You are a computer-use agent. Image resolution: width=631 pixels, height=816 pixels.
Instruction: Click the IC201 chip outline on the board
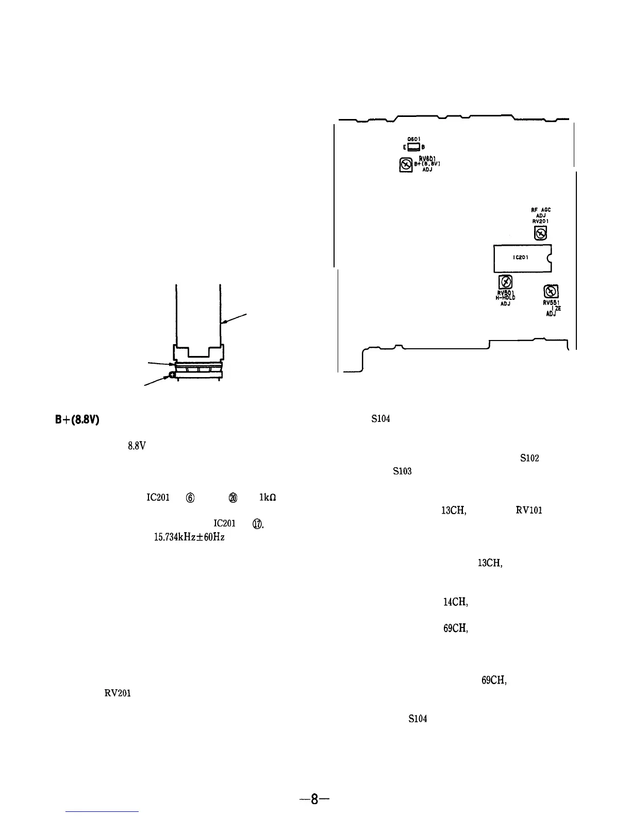(522, 258)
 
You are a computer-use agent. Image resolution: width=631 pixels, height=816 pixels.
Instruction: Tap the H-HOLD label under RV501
(506, 298)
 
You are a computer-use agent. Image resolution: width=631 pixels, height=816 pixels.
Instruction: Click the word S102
(529, 458)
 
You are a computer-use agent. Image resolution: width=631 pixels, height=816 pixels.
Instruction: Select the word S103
(402, 471)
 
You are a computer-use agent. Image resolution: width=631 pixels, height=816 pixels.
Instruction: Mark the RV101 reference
(529, 511)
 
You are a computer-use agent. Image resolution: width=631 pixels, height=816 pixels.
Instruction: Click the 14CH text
(455, 601)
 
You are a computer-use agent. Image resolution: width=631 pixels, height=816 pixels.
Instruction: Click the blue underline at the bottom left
(103, 811)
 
